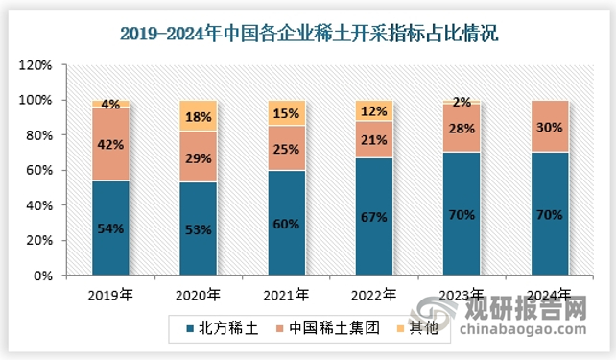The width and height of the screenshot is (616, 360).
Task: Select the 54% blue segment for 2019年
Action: point(110,228)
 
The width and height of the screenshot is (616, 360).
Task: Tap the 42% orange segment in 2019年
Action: point(110,144)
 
